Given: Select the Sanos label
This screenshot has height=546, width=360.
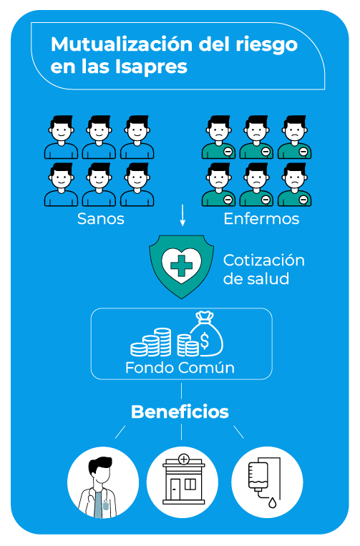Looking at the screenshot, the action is (101, 219).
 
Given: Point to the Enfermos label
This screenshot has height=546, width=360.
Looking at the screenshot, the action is (261, 219).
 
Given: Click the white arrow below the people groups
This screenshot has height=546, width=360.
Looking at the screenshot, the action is (183, 216).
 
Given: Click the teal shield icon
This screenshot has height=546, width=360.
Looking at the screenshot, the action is (181, 266).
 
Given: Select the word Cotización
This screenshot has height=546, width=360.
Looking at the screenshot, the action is (263, 260).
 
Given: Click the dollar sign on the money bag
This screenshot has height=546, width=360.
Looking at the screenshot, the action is (205, 341).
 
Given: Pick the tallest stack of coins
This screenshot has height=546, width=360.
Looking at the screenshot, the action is (162, 341).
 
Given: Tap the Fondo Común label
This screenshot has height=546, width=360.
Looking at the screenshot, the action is (180, 368).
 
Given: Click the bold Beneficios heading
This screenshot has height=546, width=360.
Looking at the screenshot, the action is (180, 412).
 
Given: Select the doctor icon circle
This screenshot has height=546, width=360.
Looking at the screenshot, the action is (103, 482).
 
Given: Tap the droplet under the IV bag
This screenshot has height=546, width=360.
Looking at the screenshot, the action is (272, 502).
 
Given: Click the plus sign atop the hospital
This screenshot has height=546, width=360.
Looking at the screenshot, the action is (183, 459).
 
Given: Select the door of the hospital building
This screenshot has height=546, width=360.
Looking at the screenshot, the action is (175, 489).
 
